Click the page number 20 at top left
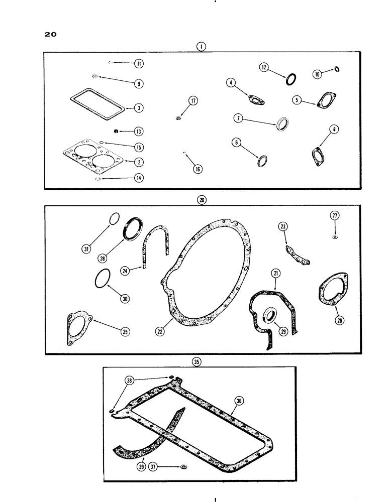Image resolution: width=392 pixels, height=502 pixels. click(x=50, y=35)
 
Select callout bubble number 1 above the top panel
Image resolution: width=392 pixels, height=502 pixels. click(x=201, y=46)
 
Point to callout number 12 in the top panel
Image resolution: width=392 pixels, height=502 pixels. click(x=264, y=67)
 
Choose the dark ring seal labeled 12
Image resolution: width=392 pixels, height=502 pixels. click(x=291, y=79)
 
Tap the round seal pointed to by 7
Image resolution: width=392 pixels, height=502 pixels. click(x=283, y=123)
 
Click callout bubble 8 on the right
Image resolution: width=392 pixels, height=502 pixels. click(x=336, y=130)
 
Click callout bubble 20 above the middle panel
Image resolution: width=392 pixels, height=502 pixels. click(x=202, y=199)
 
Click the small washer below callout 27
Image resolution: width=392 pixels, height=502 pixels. click(x=335, y=236)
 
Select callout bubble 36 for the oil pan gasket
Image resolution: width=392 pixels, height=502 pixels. click(x=239, y=400)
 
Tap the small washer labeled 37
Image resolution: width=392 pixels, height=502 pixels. click(x=184, y=466)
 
